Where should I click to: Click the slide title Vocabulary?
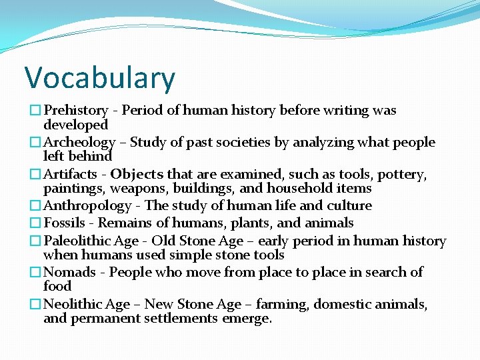tap(100, 78)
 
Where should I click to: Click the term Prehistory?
tap(75, 111)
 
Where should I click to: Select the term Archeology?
tap(79, 142)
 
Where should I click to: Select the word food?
tap(57, 286)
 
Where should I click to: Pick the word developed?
tap(75, 125)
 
